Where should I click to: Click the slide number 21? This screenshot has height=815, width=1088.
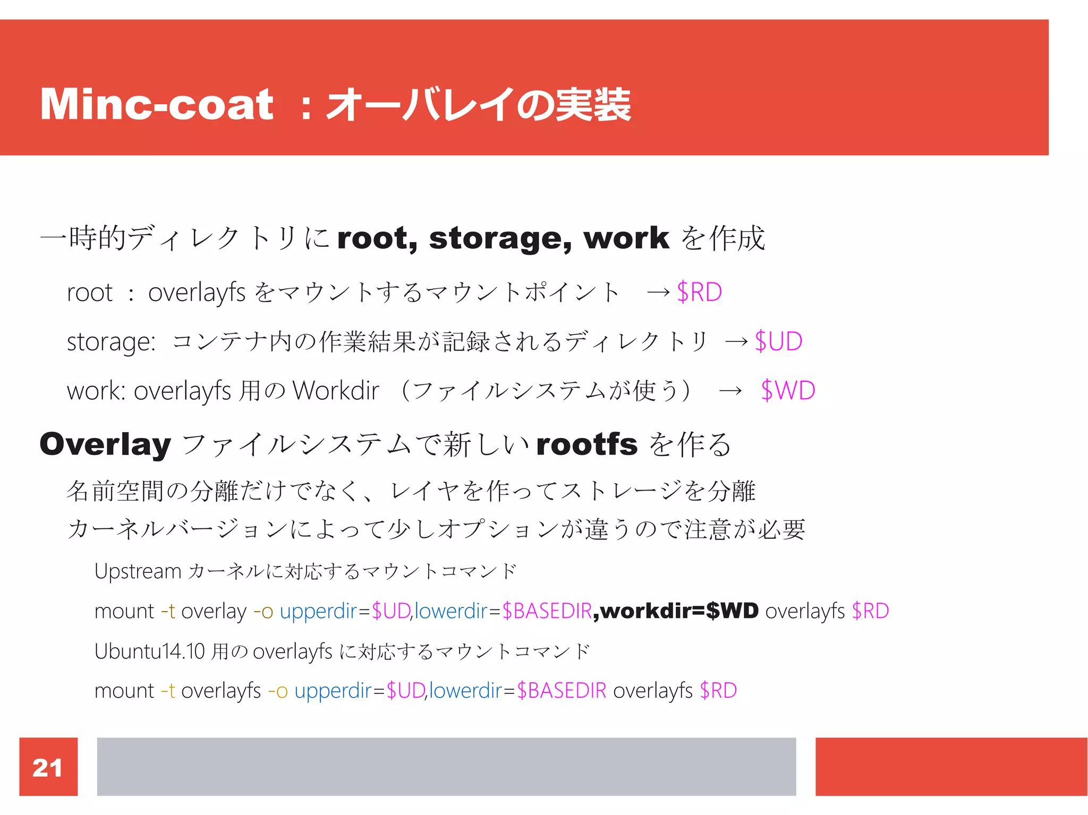(x=47, y=768)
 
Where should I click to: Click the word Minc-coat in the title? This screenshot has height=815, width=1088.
(x=157, y=105)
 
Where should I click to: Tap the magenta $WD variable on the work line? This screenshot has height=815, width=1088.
(x=788, y=391)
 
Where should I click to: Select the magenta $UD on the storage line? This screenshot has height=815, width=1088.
(x=778, y=341)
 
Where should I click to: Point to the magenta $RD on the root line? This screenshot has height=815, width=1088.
(x=700, y=292)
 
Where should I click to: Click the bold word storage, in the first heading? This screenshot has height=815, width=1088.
(x=500, y=238)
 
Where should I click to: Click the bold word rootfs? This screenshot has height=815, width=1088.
(x=586, y=444)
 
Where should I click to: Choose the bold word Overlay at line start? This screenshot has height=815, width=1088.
(x=105, y=444)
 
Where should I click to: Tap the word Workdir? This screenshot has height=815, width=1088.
(x=336, y=391)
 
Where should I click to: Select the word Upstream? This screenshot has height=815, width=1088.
(x=138, y=571)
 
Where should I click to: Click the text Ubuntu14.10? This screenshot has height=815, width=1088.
(x=149, y=651)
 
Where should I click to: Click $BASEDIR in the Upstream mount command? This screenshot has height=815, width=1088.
(x=547, y=611)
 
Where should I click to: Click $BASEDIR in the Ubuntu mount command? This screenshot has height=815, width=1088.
(x=562, y=691)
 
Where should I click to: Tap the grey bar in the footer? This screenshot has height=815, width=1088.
(x=446, y=766)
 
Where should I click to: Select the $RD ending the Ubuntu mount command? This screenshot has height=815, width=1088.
(x=718, y=691)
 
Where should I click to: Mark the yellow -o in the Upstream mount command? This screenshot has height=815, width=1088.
(x=263, y=611)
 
